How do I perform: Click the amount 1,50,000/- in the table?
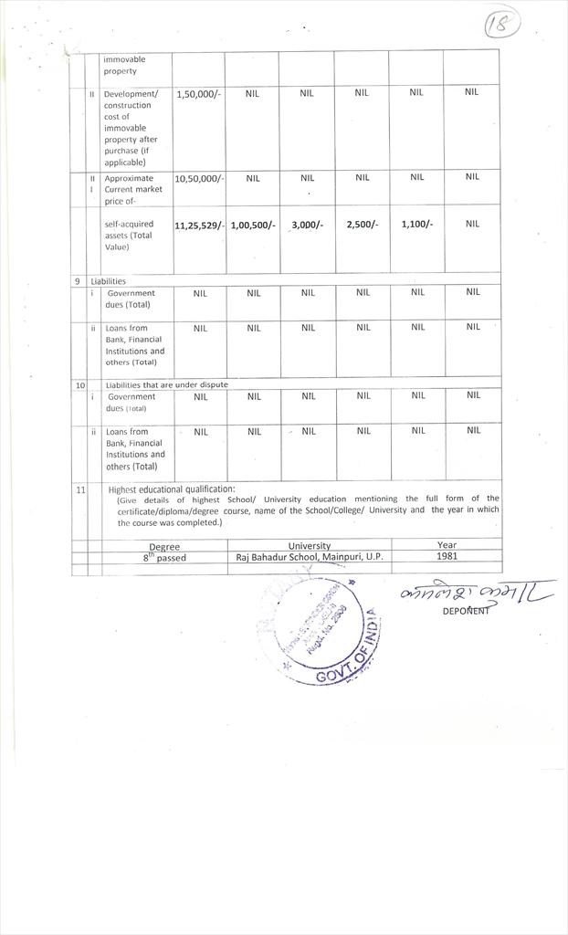click(198, 93)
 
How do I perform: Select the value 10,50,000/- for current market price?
click(199, 178)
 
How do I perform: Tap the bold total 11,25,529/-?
click(199, 225)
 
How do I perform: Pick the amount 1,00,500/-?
click(253, 225)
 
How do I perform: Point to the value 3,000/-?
click(308, 225)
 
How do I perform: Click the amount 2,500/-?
click(362, 225)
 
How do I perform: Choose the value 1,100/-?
click(416, 225)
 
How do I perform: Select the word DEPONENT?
click(466, 611)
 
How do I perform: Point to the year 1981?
click(447, 555)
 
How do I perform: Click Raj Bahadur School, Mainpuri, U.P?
click(310, 556)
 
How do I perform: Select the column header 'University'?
click(309, 545)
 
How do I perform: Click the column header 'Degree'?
click(164, 546)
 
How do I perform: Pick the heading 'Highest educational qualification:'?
click(172, 489)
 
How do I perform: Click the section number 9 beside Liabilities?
click(78, 281)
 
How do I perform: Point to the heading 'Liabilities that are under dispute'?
click(167, 384)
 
